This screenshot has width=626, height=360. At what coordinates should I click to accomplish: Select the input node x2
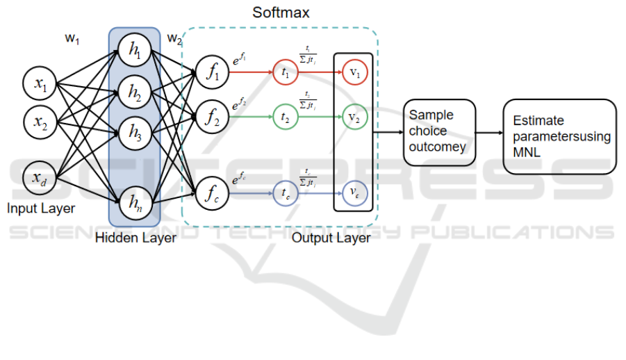(40, 123)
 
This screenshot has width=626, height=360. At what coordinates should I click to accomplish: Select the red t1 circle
(285, 70)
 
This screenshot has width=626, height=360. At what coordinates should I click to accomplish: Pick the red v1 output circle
(354, 70)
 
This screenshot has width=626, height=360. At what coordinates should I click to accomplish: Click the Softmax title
(281, 13)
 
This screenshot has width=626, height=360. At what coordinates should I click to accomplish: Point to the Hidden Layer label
(135, 238)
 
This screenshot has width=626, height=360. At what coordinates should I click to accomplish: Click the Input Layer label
(41, 208)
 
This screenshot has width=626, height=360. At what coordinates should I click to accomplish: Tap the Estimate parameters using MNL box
(559, 136)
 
